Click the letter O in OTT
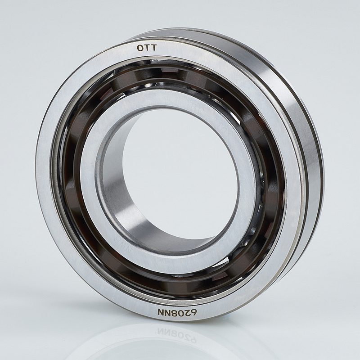(x=140, y=48)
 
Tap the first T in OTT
(x=148, y=48)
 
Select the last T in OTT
(x=154, y=48)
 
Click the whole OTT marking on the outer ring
(x=147, y=48)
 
